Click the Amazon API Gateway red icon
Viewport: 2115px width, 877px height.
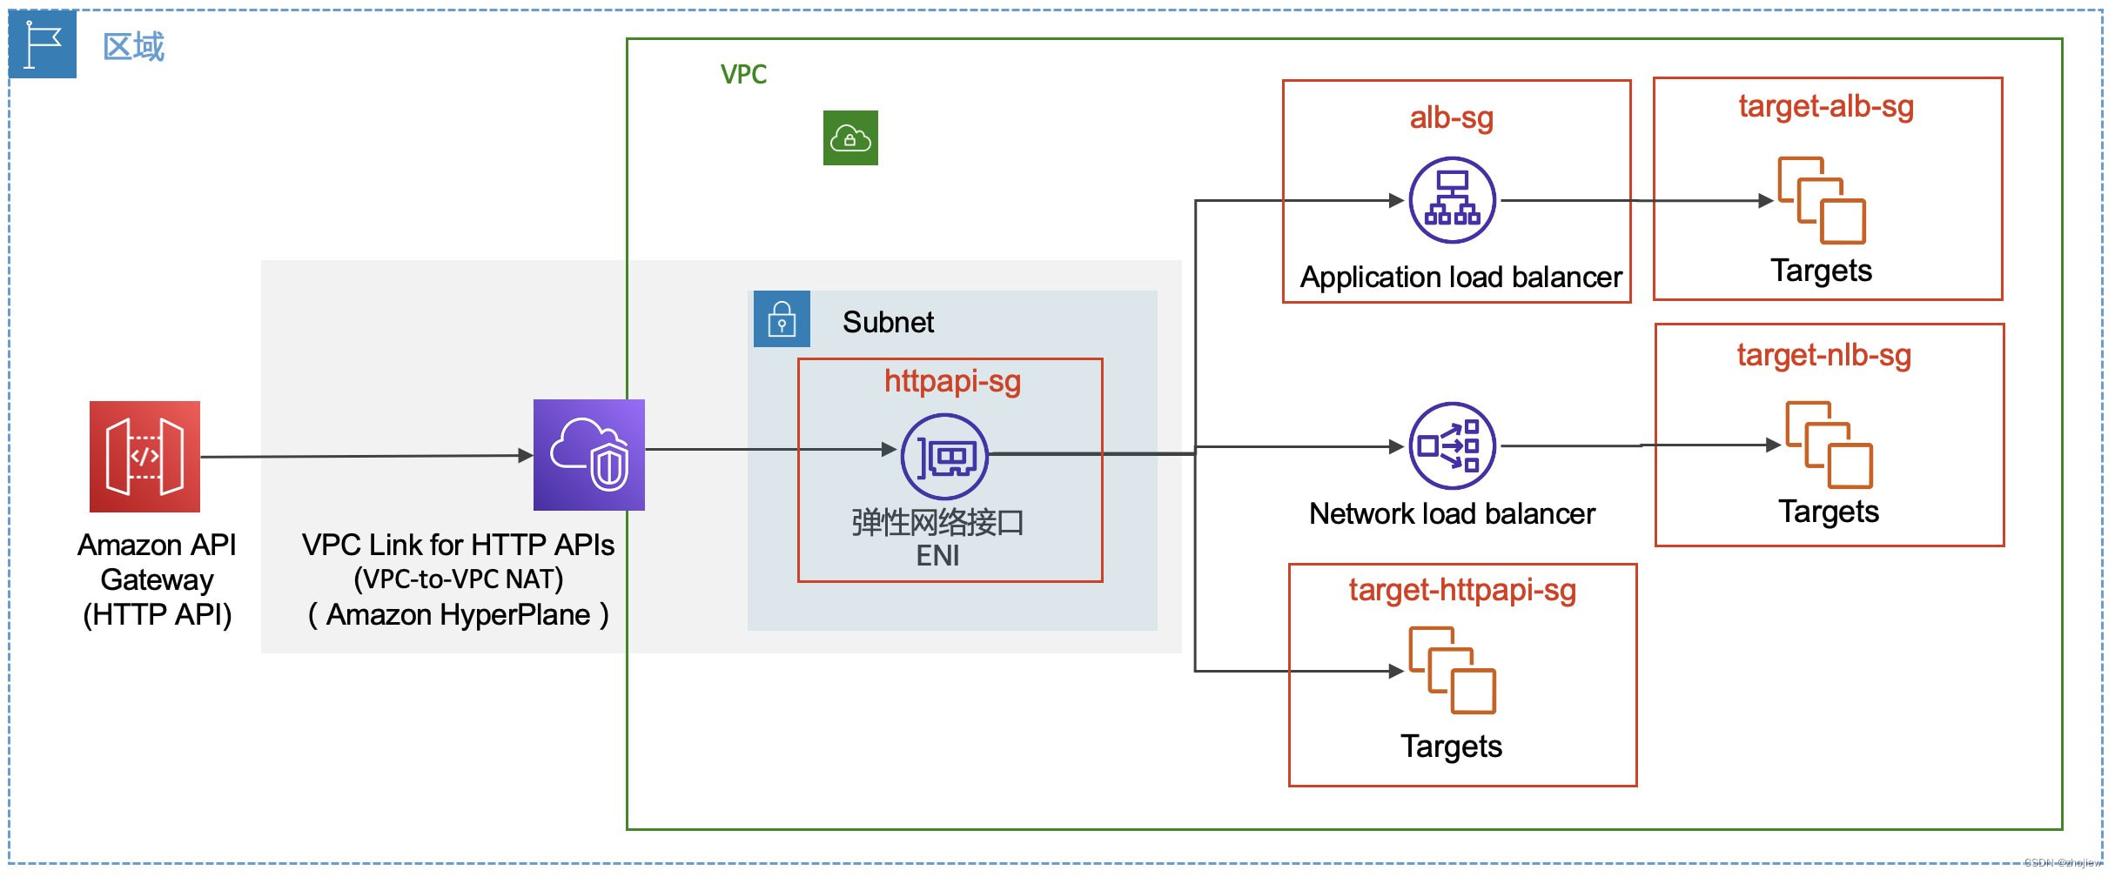point(144,456)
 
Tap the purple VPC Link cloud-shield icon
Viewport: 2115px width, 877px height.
point(588,454)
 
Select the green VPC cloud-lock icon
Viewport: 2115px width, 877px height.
point(850,137)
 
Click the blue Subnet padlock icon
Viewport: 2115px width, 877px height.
point(782,318)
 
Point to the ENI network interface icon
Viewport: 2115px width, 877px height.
point(944,456)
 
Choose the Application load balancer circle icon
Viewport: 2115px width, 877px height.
point(1452,200)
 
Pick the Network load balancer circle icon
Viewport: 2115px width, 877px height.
point(1452,445)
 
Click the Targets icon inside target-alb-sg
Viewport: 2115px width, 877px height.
point(1821,200)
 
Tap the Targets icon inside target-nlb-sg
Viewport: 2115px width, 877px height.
point(1829,445)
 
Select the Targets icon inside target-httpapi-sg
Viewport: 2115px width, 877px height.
point(1452,670)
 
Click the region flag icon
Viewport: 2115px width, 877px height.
point(43,44)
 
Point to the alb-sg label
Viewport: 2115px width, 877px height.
point(1451,117)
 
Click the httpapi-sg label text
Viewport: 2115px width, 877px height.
point(952,381)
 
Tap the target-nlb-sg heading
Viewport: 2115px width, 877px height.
point(1823,355)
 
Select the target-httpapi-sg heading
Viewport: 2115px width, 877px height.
point(1462,590)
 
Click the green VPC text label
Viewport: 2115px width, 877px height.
point(743,74)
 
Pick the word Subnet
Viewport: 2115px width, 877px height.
point(888,322)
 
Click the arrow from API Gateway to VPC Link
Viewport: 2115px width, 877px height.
point(366,456)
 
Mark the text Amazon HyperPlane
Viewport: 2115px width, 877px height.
point(458,614)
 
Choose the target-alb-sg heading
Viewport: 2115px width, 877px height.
point(1826,106)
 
